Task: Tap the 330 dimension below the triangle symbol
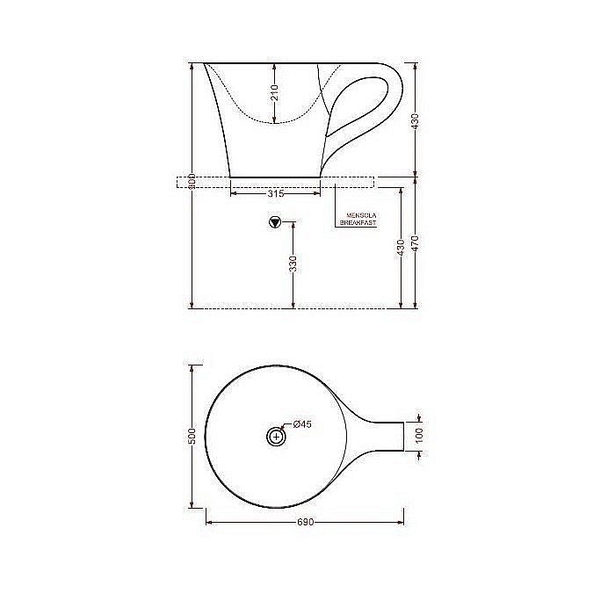(293, 263)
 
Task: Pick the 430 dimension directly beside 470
(402, 248)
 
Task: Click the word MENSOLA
(358, 215)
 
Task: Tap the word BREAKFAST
(358, 224)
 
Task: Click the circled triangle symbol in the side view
(275, 222)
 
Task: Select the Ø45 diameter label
(302, 424)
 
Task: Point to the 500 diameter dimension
(192, 437)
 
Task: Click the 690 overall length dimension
(305, 522)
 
